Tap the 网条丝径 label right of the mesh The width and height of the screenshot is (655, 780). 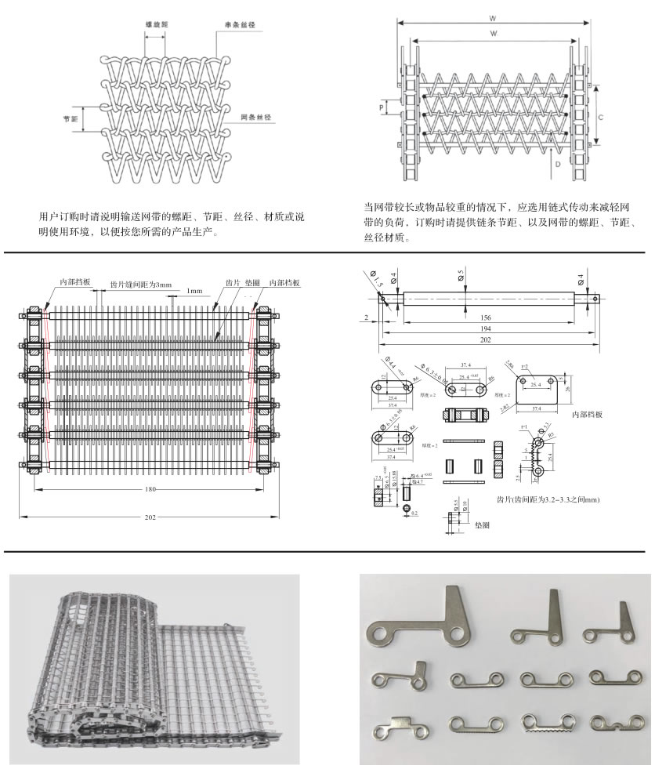pos(255,117)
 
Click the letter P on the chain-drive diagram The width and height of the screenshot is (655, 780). pos(382,104)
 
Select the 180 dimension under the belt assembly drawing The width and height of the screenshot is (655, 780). pos(150,490)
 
